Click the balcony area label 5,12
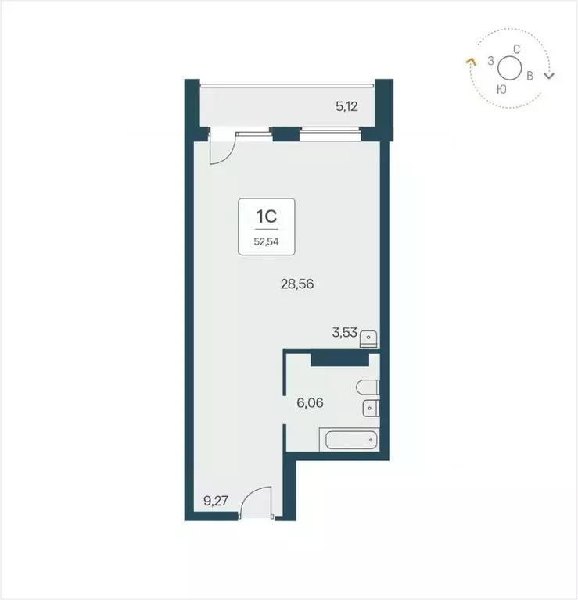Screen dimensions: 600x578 (346, 107)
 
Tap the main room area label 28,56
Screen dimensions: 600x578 (296, 284)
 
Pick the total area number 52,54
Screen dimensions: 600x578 (265, 241)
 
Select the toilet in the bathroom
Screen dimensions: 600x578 (366, 387)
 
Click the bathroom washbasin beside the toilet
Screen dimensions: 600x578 (370, 408)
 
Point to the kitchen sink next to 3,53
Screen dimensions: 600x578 (371, 337)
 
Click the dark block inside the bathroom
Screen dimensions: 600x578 (339, 359)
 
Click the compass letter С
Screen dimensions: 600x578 (516, 49)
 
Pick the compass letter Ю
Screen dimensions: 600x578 (501, 89)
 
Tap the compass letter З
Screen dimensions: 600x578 (490, 60)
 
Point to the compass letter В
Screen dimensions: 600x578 (530, 76)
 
